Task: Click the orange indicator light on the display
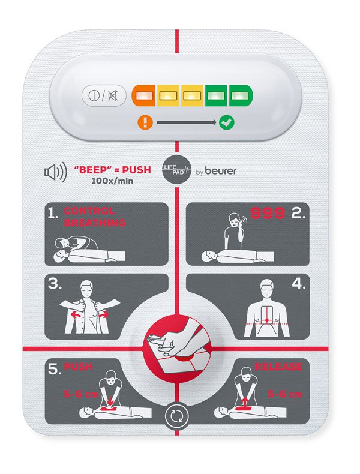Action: pos(143,95)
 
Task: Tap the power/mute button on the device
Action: pos(104,95)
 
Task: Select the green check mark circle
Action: pos(227,123)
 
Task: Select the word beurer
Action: pos(219,172)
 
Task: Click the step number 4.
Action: pos(296,285)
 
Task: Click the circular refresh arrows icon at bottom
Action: pos(177,415)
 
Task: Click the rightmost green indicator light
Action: pos(239,95)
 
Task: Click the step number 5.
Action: pos(55,370)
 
